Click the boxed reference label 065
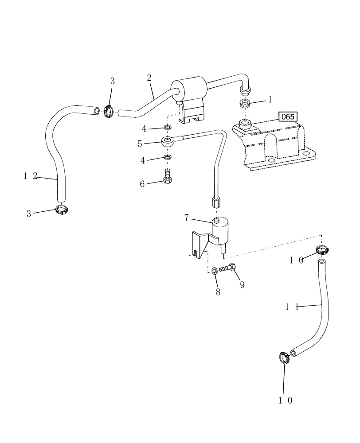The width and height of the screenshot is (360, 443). pyautogui.click(x=288, y=117)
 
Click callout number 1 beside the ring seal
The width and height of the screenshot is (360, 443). pyautogui.click(x=270, y=101)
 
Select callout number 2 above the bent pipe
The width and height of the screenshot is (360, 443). pyautogui.click(x=149, y=77)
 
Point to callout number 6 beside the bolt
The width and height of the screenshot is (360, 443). pyautogui.click(x=143, y=183)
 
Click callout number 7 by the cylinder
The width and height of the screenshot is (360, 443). pyautogui.click(x=187, y=218)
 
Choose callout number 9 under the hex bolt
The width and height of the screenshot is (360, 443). pyautogui.click(x=242, y=285)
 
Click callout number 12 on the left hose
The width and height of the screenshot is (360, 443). pyautogui.click(x=31, y=176)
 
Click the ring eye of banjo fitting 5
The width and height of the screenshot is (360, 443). pyautogui.click(x=168, y=142)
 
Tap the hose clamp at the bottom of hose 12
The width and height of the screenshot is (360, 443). pyautogui.click(x=62, y=209)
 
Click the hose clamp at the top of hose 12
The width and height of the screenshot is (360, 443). pyautogui.click(x=108, y=111)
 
